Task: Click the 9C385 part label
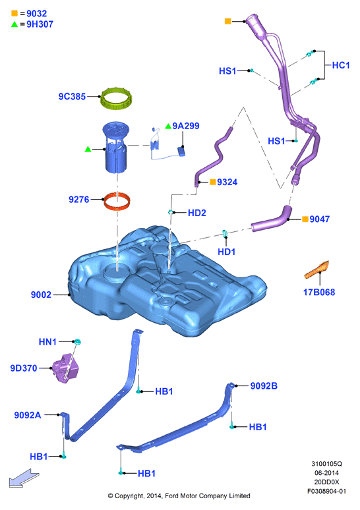[x=72, y=96]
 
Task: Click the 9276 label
[x=78, y=200]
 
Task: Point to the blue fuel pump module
[x=115, y=148]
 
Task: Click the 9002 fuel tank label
[x=41, y=295]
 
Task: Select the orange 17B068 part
[x=317, y=269]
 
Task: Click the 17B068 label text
[x=319, y=292]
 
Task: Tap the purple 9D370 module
[x=66, y=368]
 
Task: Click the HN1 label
[x=47, y=342]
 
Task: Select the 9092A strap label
[x=28, y=415]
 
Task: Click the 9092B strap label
[x=264, y=385]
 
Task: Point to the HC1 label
[x=341, y=65]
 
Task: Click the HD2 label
[x=197, y=213]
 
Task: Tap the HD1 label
[x=227, y=252]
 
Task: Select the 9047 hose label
[x=320, y=219]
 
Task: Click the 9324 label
[x=227, y=182]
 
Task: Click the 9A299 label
[x=186, y=126]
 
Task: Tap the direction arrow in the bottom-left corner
[x=24, y=478]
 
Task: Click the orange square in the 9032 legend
[x=15, y=13]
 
